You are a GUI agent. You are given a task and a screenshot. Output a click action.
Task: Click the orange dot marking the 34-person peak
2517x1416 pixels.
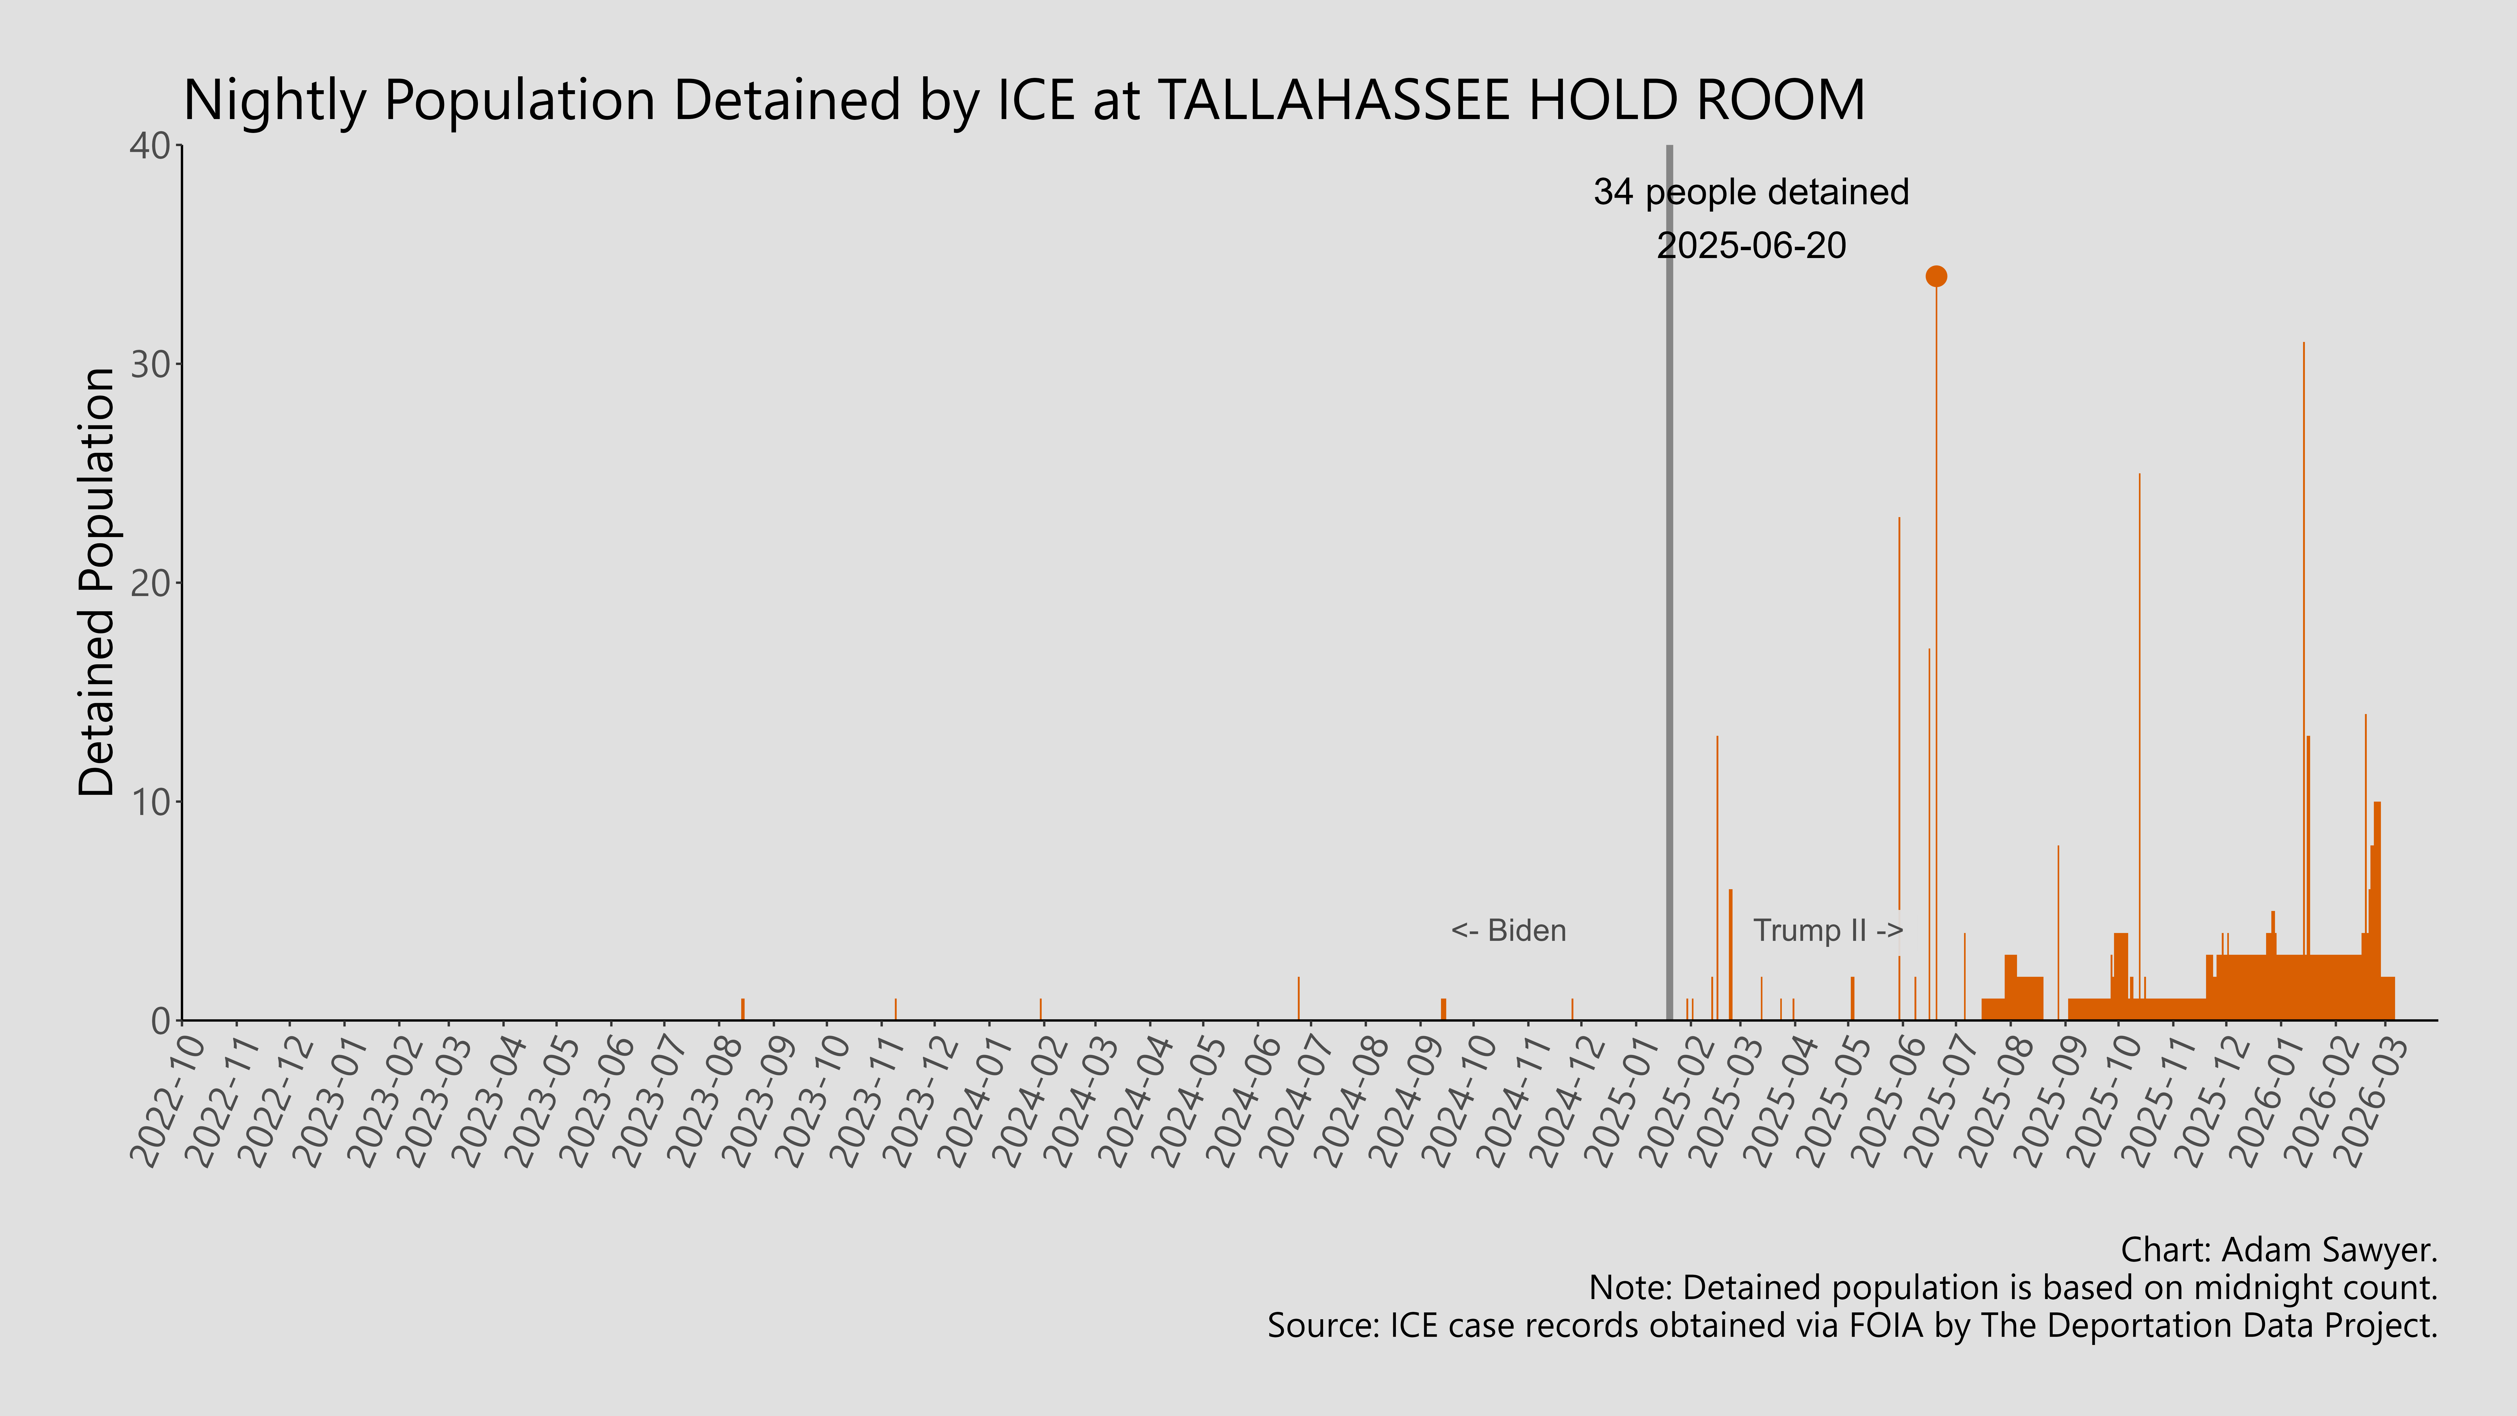[1936, 277]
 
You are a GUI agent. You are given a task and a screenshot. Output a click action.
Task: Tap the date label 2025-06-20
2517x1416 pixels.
[1751, 245]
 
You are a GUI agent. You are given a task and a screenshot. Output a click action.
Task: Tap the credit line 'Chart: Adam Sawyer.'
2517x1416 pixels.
[2279, 1250]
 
